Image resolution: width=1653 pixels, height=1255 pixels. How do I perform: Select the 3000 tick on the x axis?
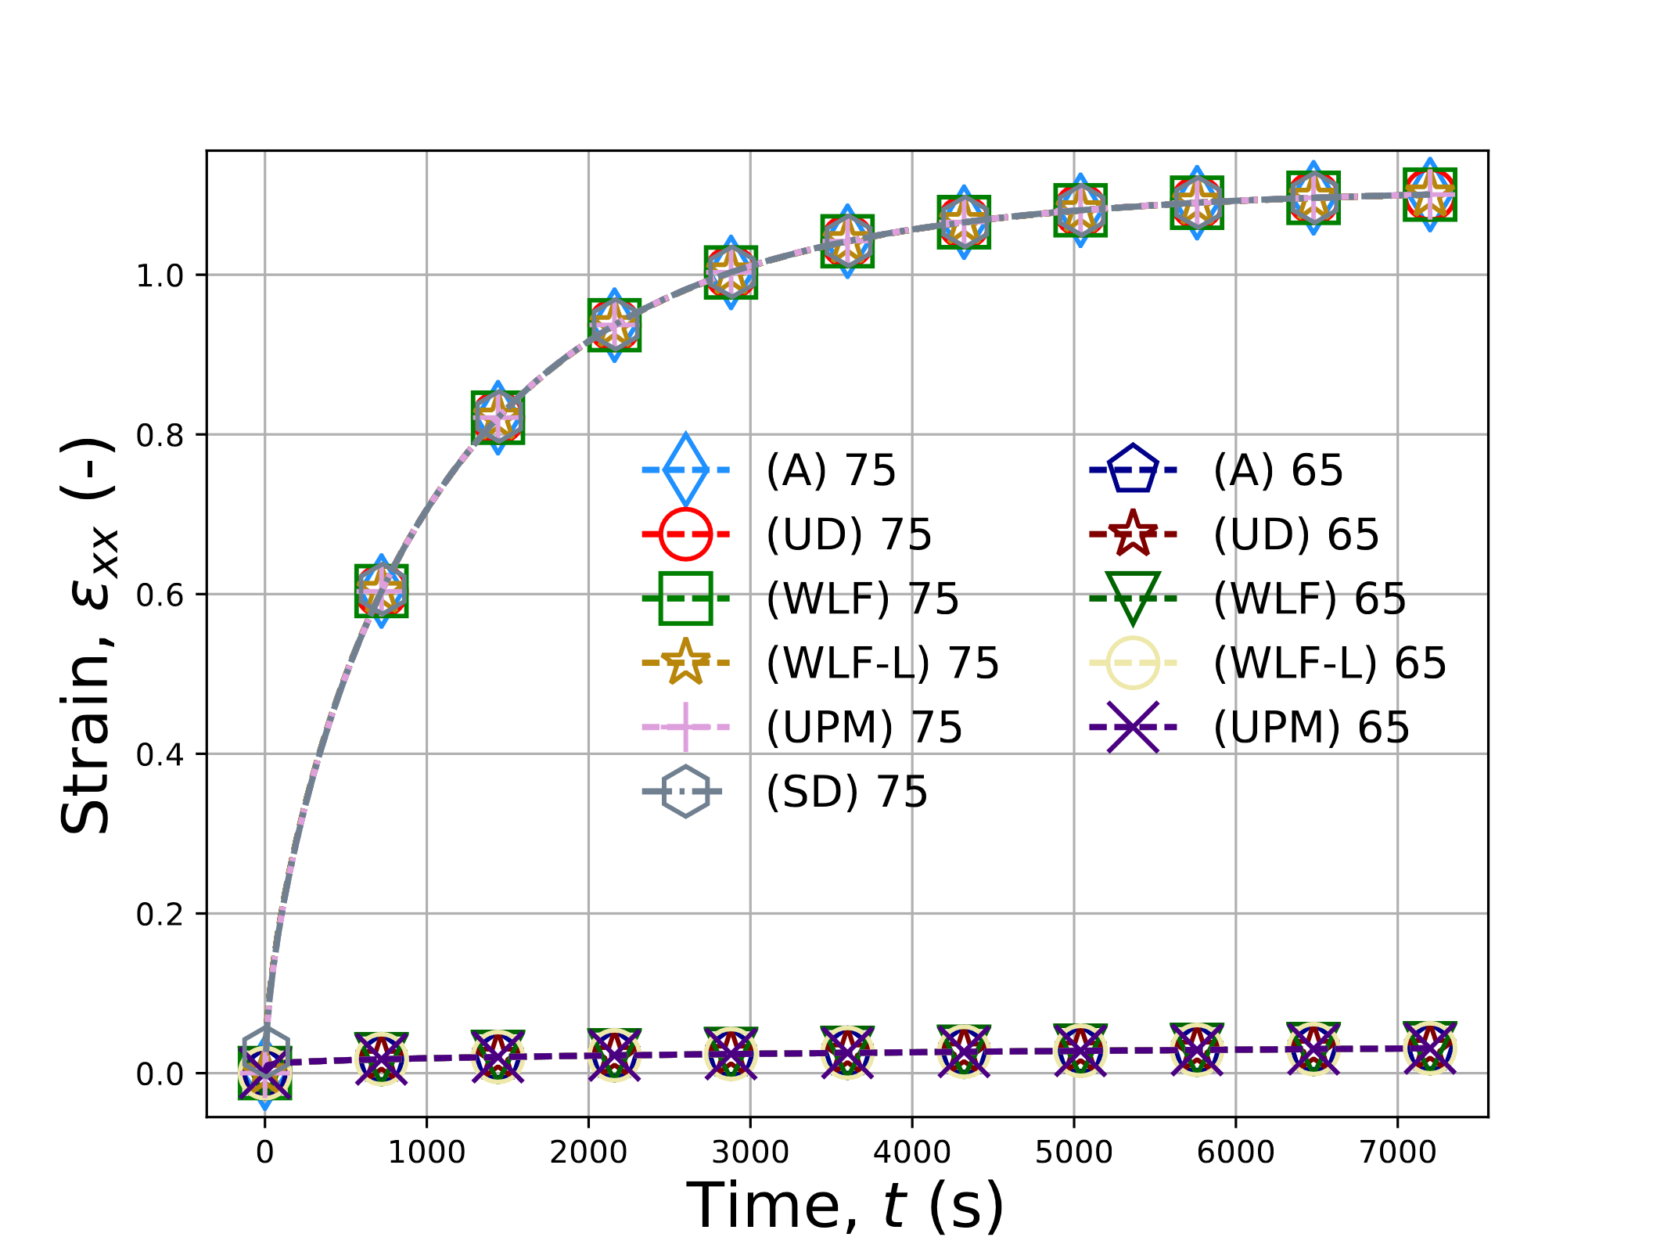point(750,1152)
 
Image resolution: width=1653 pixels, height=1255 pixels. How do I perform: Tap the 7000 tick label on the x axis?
point(1398,1152)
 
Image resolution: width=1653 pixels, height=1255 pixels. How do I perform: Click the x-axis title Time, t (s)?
point(845,1206)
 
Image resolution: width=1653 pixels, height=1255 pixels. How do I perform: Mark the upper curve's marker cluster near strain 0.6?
point(381,591)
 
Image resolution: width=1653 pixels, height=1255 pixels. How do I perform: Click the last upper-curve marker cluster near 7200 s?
point(1429,194)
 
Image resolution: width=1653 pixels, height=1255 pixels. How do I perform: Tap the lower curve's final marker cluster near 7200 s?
point(1429,1048)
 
